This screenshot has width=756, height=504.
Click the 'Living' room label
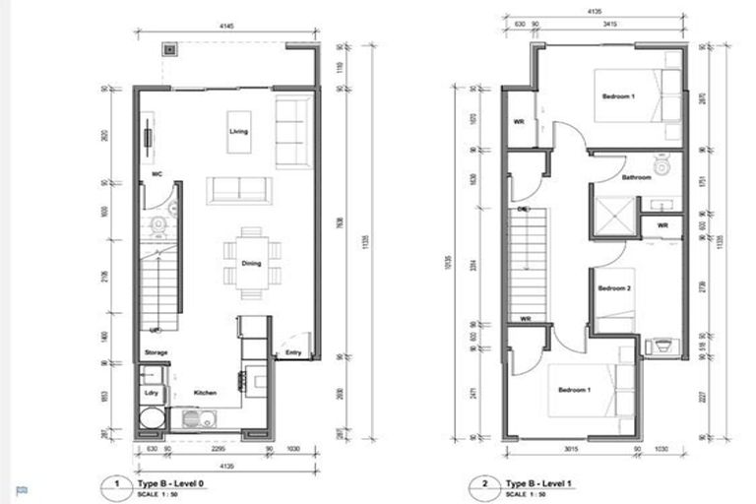(238, 131)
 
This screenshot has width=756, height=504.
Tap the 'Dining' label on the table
(251, 263)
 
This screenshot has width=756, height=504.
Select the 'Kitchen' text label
(205, 393)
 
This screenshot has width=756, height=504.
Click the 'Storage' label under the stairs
(156, 351)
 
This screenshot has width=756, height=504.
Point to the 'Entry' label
(293, 351)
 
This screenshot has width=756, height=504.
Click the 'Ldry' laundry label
(152, 393)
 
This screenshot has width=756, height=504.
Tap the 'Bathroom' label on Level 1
(636, 177)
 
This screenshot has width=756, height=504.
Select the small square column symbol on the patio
(169, 47)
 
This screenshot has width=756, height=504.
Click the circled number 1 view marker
(116, 483)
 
